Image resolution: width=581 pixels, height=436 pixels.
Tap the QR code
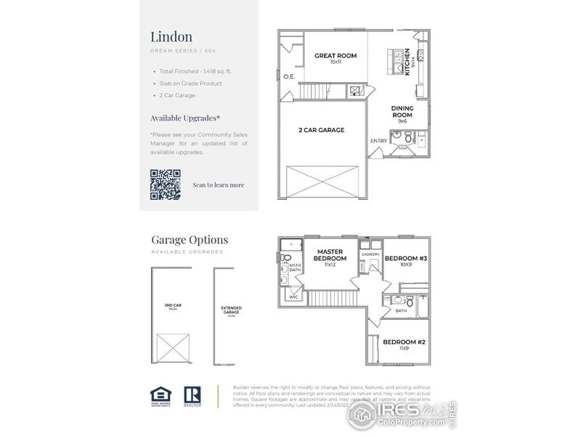pos(165,184)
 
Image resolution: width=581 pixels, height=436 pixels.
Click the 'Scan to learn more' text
pos(218,185)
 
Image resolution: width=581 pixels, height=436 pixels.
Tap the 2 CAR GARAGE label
pos(321,130)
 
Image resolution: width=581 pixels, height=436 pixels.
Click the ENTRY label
pos(379,140)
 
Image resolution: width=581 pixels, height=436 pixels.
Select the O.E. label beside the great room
pos(289,76)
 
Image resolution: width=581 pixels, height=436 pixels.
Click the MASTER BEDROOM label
pos(330,256)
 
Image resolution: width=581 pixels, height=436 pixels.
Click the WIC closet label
pos(294,296)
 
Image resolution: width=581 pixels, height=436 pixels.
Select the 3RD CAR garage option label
pos(172,305)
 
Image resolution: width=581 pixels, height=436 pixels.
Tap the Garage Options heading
pos(189,239)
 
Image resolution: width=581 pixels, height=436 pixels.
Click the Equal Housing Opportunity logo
pos(160,395)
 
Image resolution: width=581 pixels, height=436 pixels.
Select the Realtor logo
pos(192,395)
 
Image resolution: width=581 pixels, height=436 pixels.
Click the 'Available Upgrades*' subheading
pos(184,118)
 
